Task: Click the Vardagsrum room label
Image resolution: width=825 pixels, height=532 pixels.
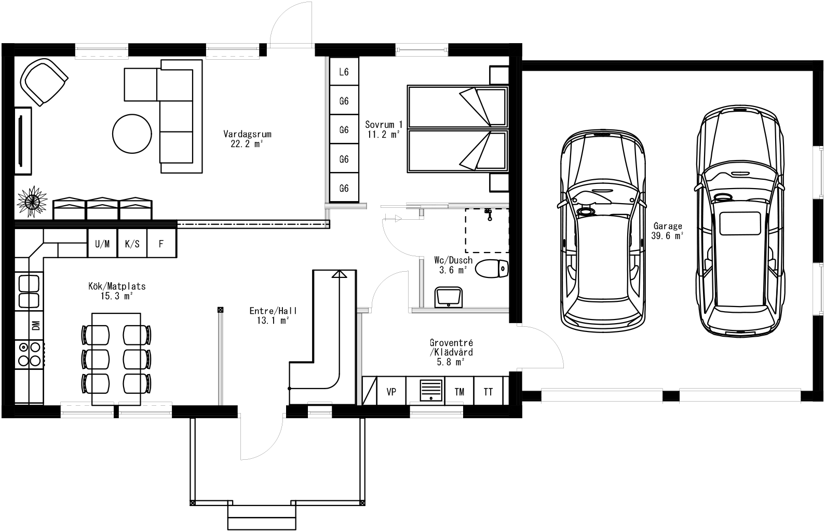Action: click(x=247, y=139)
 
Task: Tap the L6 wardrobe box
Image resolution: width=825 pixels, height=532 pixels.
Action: click(x=344, y=72)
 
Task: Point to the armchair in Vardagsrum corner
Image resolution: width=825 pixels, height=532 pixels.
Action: click(x=44, y=82)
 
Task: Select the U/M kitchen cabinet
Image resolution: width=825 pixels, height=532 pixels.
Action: click(x=102, y=244)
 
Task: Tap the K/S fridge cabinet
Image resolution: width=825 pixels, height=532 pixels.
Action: click(x=132, y=244)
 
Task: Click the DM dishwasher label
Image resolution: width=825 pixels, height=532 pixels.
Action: click(x=36, y=326)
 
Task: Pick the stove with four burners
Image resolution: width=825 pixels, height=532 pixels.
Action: click(x=29, y=353)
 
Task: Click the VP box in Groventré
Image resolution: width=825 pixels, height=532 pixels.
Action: click(x=391, y=392)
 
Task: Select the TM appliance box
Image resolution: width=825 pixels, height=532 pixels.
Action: click(x=459, y=392)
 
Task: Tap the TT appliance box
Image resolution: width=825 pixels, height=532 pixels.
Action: click(x=488, y=392)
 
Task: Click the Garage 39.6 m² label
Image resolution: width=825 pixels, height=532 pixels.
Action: click(x=667, y=231)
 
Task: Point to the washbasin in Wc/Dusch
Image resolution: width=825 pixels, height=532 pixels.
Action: click(x=449, y=297)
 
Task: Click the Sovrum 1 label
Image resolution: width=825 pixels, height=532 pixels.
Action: click(x=383, y=129)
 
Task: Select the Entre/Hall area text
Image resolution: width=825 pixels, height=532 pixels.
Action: click(x=273, y=315)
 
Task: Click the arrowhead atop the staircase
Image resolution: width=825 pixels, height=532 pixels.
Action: click(x=339, y=274)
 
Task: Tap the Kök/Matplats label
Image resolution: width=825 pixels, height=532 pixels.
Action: click(x=117, y=290)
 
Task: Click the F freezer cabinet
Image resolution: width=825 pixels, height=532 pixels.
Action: click(x=161, y=244)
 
